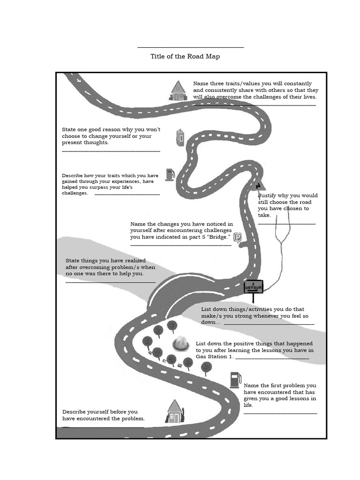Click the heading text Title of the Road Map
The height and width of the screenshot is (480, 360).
(185, 56)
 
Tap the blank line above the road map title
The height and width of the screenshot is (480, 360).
(190, 47)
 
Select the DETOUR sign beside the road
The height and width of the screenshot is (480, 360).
(254, 287)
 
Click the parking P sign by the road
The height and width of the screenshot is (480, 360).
(238, 238)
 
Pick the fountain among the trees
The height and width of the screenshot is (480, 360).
(180, 344)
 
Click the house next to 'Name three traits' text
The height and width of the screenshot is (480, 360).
(178, 90)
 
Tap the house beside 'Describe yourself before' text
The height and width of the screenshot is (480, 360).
(174, 412)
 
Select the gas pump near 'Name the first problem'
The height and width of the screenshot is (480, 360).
(235, 380)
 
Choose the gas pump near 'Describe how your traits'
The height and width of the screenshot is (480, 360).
(170, 174)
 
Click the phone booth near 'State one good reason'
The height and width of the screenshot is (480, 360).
(180, 138)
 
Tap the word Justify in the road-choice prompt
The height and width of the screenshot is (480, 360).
(268, 195)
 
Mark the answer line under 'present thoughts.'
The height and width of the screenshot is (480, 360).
(111, 151)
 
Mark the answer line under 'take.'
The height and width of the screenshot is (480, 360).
(286, 224)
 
